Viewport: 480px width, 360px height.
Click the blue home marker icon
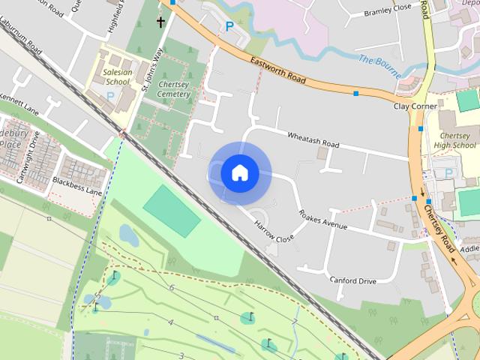239,173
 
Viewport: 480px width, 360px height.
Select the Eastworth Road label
278,70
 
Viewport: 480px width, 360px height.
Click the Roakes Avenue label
323,219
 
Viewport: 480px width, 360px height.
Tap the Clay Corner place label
415,106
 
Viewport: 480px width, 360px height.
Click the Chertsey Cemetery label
174,90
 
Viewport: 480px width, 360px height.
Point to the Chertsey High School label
455,140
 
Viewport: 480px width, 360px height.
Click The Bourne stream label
376,60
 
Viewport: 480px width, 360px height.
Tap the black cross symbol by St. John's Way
160,22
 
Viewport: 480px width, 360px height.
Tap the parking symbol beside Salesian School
111,96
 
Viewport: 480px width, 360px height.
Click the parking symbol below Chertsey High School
449,173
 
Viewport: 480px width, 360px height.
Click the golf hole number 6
172,288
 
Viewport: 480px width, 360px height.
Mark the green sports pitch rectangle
172,211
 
